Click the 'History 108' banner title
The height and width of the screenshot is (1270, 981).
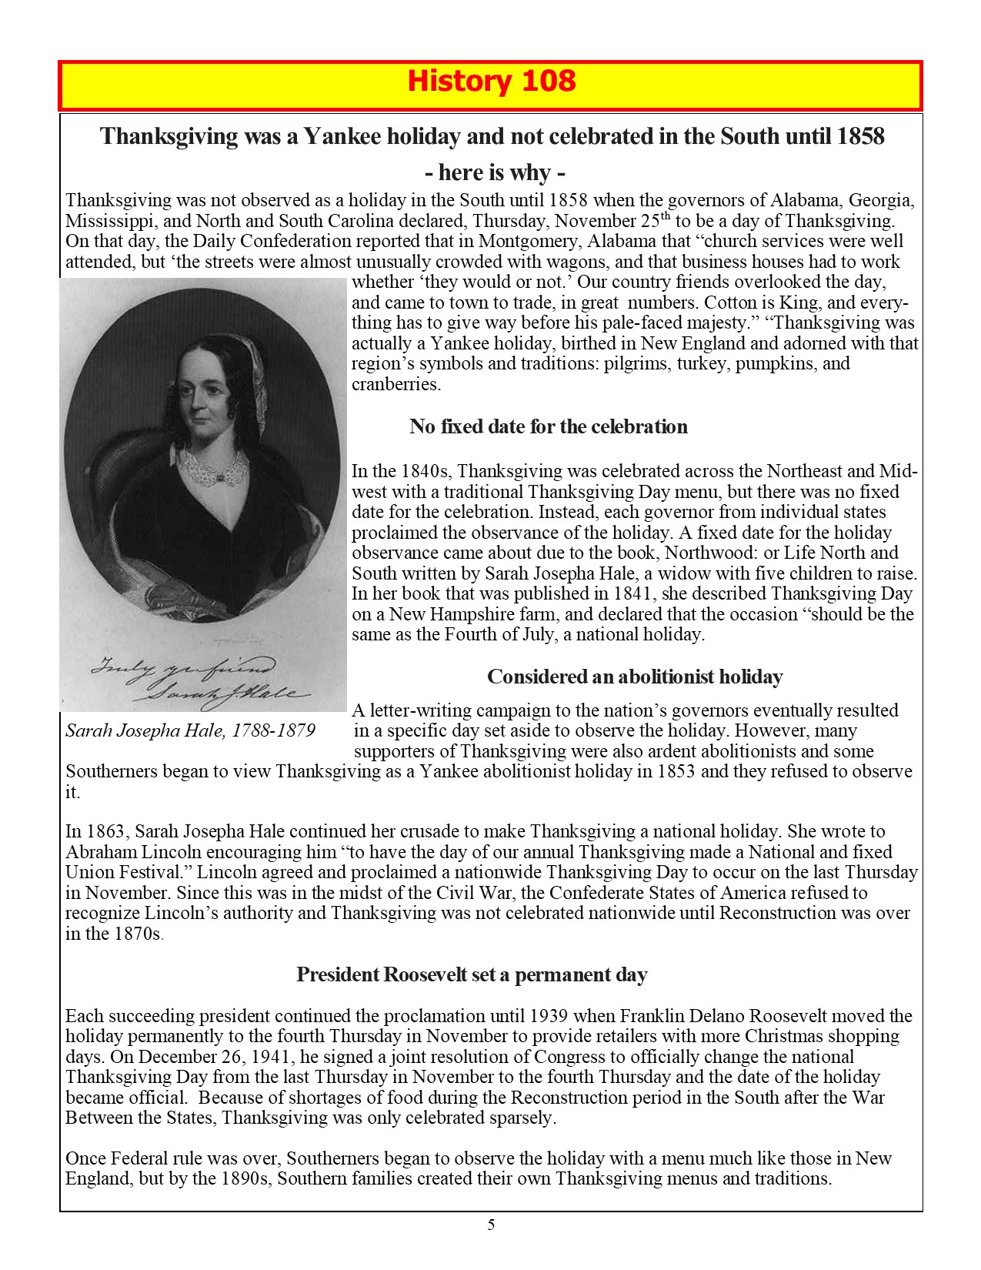point(490,81)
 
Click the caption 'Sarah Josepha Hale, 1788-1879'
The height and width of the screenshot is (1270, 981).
point(190,730)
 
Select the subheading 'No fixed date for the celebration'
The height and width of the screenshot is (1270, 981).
point(548,426)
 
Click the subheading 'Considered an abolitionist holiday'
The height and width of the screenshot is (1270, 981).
point(635,677)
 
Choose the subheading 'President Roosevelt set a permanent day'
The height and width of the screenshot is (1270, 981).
point(472,974)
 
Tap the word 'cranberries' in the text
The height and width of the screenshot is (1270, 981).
point(395,384)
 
